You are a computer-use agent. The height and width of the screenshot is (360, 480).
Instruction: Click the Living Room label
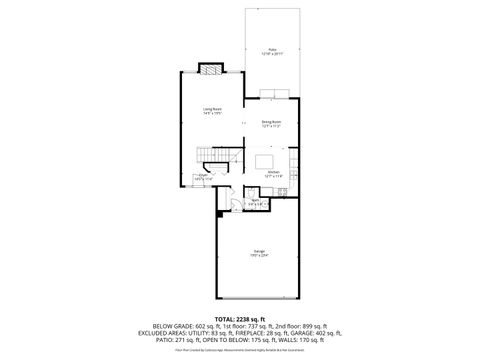(211, 110)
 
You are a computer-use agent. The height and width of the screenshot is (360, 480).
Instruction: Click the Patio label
(272, 49)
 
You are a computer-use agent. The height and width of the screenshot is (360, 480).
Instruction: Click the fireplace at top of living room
(210, 69)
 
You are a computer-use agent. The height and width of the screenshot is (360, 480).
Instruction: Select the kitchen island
(265, 160)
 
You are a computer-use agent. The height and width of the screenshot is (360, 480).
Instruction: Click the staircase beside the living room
(213, 156)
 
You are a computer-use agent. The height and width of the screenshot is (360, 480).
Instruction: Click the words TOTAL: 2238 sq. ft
(240, 318)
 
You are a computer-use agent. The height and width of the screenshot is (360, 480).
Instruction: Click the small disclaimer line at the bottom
(240, 350)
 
